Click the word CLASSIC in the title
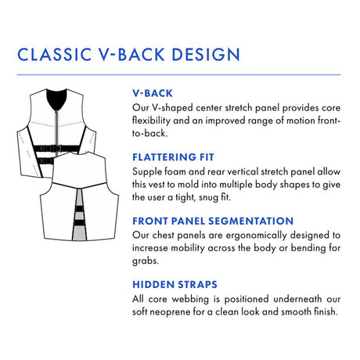tap(55, 55)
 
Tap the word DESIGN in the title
tap(206, 55)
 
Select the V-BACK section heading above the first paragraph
tap(153, 93)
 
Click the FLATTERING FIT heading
tap(173, 157)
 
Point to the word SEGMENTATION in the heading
tap(251, 221)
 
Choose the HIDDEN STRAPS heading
tap(175, 285)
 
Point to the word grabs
tap(146, 261)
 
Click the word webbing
tap(190, 299)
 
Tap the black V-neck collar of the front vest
tap(56, 99)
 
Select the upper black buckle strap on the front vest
tap(56, 149)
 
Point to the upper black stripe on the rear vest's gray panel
tap(79, 209)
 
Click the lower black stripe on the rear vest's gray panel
tap(79, 223)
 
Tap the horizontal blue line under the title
tap(179, 75)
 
